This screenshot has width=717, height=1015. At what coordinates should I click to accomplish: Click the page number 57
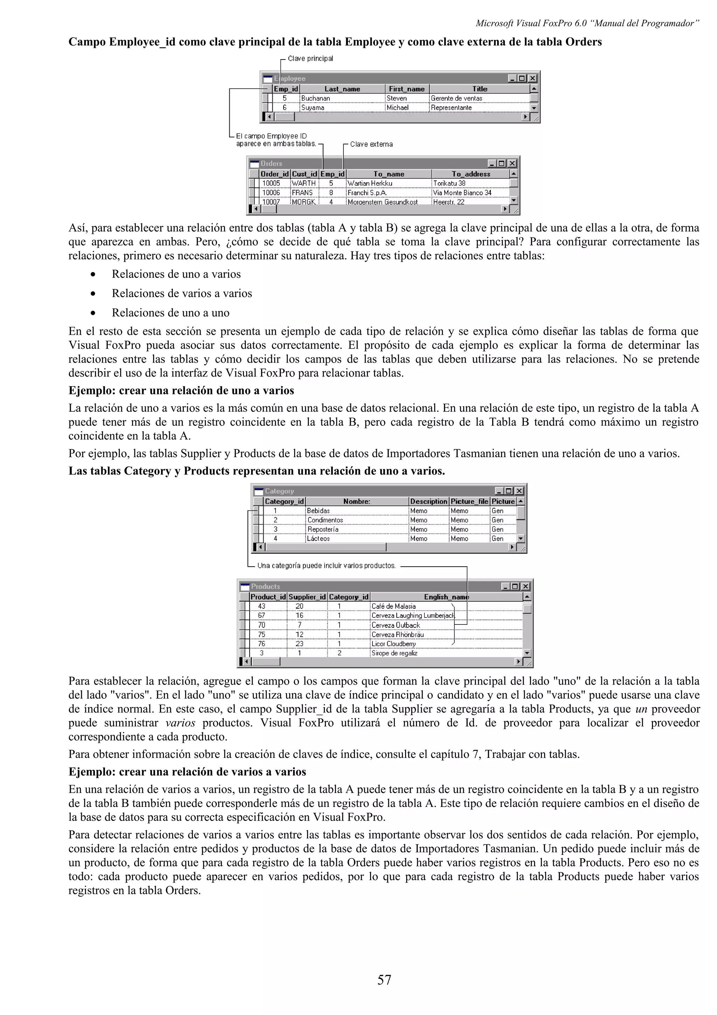click(x=384, y=980)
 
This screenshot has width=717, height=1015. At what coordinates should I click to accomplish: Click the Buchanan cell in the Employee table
click(x=315, y=98)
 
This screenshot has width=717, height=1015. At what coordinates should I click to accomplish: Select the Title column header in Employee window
click(x=479, y=89)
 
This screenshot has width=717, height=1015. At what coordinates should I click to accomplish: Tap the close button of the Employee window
click(x=533, y=78)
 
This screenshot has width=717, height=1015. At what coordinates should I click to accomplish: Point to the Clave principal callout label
click(x=310, y=58)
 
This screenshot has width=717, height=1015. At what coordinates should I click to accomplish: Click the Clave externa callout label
click(x=371, y=144)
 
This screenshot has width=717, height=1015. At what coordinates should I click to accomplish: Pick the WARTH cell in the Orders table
click(x=304, y=183)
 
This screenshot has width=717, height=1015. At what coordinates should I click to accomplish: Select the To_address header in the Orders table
click(x=471, y=174)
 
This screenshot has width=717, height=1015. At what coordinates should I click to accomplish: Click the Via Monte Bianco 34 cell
click(x=462, y=193)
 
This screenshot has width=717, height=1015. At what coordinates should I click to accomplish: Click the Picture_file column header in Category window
click(x=469, y=501)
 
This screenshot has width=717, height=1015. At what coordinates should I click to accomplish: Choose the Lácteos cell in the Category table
click(x=319, y=538)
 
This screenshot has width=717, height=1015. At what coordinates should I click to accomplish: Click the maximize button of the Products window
click(x=515, y=586)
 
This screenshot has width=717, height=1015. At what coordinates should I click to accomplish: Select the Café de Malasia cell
click(x=393, y=606)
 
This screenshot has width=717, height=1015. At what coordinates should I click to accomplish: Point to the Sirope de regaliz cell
click(x=394, y=653)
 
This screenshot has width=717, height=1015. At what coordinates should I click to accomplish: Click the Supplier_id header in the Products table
click(x=307, y=597)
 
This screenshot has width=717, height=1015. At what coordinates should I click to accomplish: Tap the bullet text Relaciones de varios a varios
click(x=182, y=294)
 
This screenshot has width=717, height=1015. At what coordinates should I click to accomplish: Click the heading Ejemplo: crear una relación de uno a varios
click(x=181, y=391)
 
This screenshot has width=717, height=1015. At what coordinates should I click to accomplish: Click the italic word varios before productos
click(x=180, y=723)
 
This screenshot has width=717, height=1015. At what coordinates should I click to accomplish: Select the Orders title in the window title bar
click(x=271, y=164)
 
